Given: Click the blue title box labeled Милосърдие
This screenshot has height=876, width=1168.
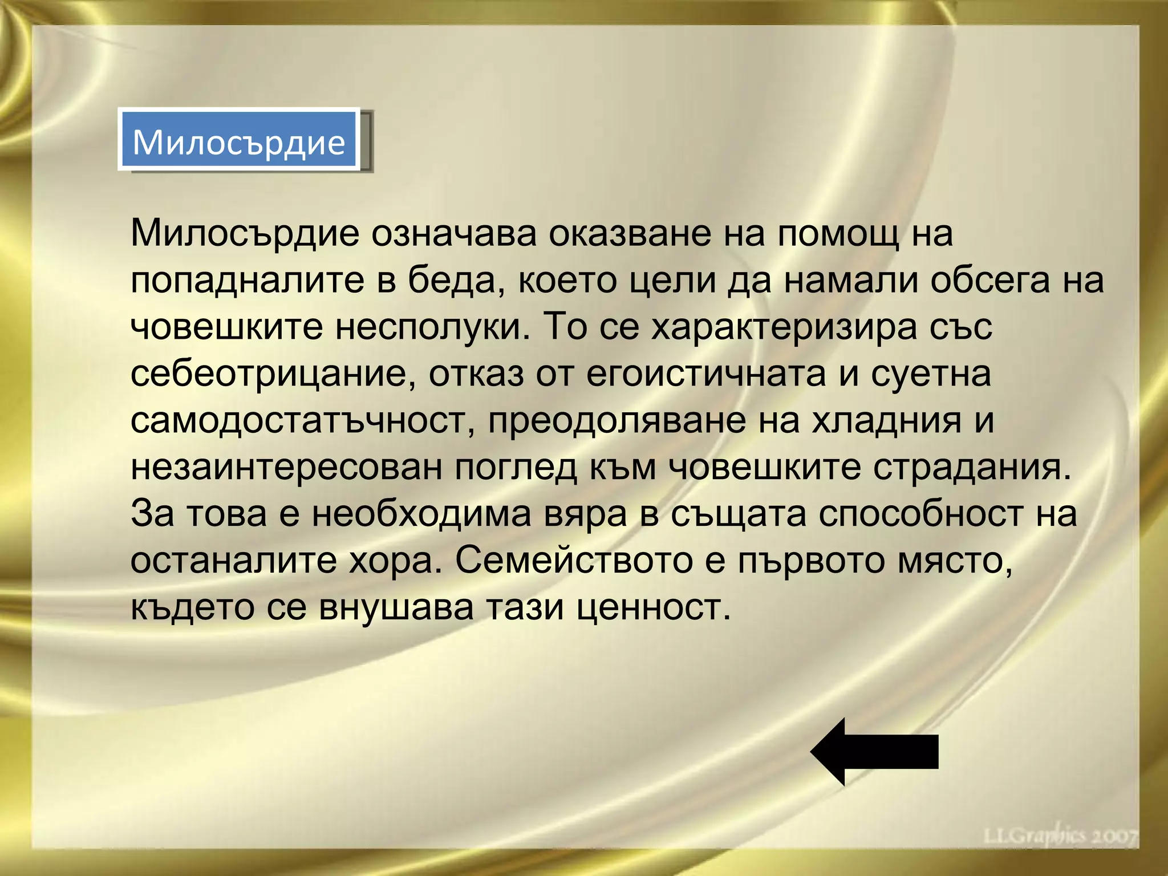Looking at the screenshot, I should (x=239, y=140).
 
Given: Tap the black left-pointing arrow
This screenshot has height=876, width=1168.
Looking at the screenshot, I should (x=874, y=751).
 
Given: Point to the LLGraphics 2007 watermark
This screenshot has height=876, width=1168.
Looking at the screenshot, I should (x=1060, y=836).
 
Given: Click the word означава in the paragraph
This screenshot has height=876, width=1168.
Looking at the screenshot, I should (x=454, y=234).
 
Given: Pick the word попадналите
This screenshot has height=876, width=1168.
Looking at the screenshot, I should (x=247, y=281).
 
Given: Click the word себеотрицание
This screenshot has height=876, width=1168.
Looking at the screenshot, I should (x=273, y=375).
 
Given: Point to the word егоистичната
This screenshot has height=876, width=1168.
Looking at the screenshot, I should (x=706, y=375).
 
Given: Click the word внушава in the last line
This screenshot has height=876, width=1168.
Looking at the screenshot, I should (x=396, y=607).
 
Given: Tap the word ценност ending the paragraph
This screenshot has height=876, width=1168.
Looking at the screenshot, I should (x=652, y=607).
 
